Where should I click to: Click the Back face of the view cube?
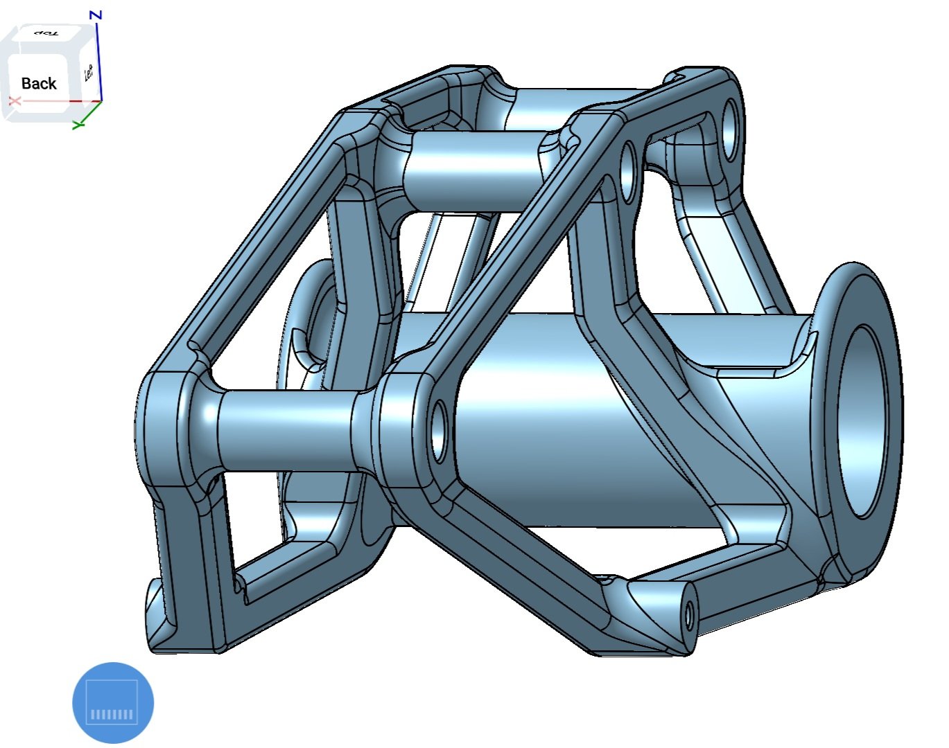pos(39,83)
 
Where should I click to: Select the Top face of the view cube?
pos(46,33)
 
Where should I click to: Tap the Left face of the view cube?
pos(89,73)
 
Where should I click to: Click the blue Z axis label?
pos(96,15)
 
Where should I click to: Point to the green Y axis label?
pos(78,125)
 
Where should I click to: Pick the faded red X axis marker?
pos(15,101)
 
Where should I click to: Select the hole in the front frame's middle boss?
pos(439,431)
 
